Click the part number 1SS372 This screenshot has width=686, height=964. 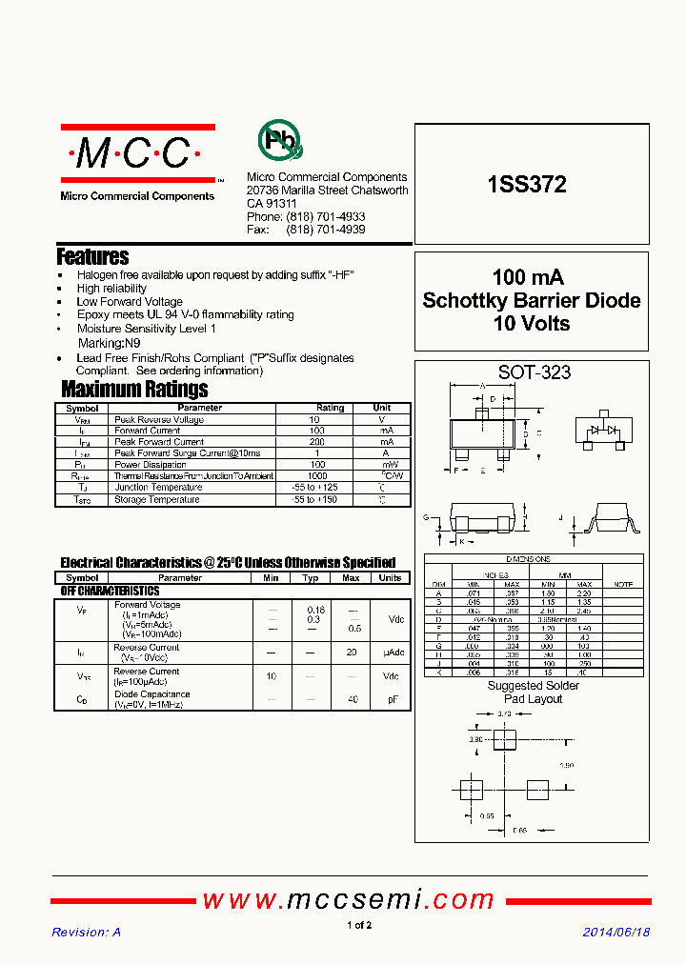pos(527,186)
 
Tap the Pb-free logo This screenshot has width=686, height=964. pos(280,140)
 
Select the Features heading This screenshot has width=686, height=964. pos(92,256)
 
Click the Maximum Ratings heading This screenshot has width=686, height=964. pos(134,389)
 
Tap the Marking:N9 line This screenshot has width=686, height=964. pos(109,342)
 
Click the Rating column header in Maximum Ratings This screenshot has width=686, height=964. pos(330,408)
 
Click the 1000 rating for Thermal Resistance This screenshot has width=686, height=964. pos(317,476)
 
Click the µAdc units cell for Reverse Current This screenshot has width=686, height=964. pos(390,653)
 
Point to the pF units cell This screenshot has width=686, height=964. pos(390,699)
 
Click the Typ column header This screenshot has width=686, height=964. pos(311,578)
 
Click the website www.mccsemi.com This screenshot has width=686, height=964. pos(349,899)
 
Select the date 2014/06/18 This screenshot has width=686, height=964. pos(615,933)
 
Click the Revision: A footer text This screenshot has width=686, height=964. pos(86,933)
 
